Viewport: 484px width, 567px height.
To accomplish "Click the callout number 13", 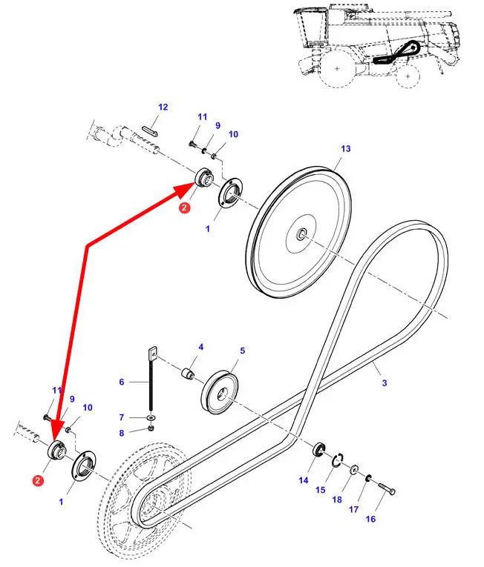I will click(x=345, y=149).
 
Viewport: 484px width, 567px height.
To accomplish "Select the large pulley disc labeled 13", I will click(x=301, y=233).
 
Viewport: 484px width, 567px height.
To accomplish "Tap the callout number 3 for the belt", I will click(x=385, y=382).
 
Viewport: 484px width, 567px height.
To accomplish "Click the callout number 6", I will click(x=122, y=382).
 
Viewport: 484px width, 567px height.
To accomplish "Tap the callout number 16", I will click(x=370, y=519).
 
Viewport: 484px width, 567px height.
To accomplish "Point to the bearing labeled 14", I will click(x=319, y=449).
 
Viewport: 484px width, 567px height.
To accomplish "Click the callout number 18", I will click(x=337, y=500).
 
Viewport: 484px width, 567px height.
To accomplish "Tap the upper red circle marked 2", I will click(x=184, y=209).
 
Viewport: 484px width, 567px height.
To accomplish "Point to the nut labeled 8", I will click(x=151, y=428).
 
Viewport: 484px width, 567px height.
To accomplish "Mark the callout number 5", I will click(x=242, y=350).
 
